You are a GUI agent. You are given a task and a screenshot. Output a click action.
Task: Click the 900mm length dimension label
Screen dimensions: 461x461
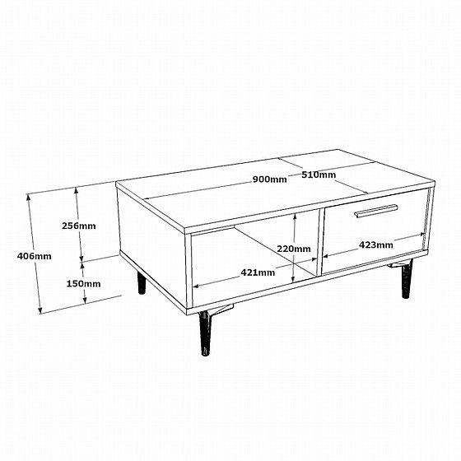(270, 179)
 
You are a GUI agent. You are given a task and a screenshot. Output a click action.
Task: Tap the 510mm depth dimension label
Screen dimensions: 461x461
(319, 175)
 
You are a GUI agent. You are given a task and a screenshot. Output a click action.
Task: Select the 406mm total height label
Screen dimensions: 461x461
(34, 256)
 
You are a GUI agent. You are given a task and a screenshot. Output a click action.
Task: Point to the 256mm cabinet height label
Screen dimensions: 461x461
(79, 226)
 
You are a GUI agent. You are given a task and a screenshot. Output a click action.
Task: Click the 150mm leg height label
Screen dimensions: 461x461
(83, 284)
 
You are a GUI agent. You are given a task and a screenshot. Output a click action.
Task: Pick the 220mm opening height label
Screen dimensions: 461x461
(294, 249)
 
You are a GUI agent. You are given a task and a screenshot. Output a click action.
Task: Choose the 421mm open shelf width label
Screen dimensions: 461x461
(258, 272)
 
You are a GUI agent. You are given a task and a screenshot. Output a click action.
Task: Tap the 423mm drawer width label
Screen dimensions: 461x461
(375, 244)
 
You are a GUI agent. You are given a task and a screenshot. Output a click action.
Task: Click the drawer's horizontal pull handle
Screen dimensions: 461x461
(376, 211)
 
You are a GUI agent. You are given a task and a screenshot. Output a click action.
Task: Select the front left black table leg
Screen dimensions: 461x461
(205, 333)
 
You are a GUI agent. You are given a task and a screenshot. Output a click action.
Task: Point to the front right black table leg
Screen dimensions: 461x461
(407, 279)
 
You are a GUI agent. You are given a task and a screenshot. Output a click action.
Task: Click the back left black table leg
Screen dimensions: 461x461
(142, 283)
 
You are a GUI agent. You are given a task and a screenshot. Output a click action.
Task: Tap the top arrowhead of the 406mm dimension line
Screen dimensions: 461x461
(29, 197)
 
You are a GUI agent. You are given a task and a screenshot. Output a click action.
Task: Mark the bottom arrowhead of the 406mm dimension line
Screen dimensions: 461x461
(40, 310)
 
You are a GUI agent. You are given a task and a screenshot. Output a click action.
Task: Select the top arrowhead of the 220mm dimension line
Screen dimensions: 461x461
(295, 217)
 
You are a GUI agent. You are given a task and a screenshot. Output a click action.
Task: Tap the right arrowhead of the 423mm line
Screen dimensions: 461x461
(422, 235)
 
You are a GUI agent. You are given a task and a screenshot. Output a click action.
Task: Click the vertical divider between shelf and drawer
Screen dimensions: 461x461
(320, 242)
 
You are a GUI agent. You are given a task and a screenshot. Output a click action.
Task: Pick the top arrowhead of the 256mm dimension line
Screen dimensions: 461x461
(77, 190)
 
